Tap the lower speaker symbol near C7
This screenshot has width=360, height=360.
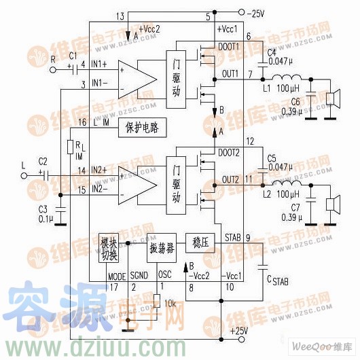coord(332,203)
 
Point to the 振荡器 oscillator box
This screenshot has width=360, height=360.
coord(162,247)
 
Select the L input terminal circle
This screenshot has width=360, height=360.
coord(26,175)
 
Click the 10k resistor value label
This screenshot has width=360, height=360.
coord(170,304)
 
